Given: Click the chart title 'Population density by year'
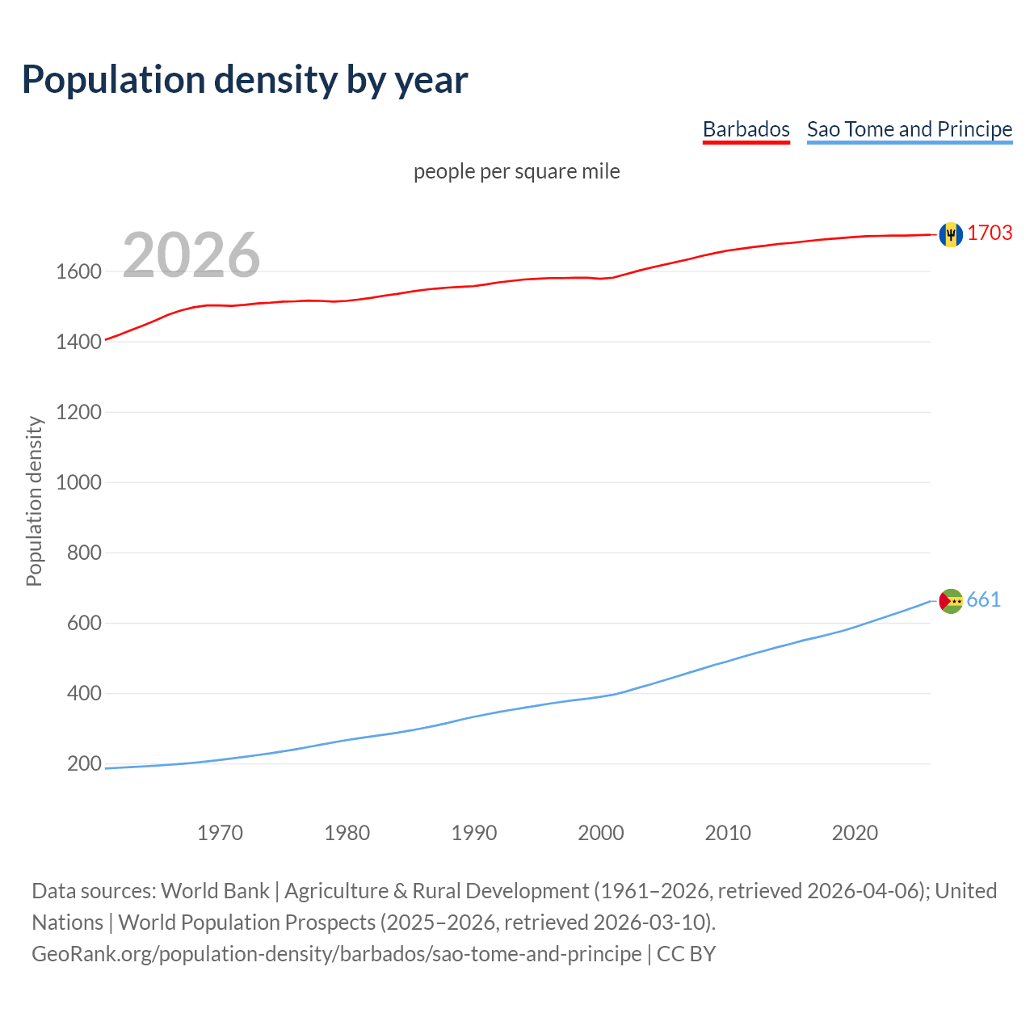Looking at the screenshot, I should click(245, 79).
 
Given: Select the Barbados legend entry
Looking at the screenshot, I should click(746, 129).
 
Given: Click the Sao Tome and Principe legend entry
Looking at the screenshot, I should click(909, 129).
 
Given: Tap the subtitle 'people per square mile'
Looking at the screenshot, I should click(516, 171).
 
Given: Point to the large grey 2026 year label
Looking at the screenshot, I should click(191, 255).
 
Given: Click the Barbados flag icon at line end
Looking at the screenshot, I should click(951, 234).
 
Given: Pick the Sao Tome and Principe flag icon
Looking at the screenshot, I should click(951, 601).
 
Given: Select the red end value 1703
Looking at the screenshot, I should click(990, 233).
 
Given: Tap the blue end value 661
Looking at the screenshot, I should click(983, 599).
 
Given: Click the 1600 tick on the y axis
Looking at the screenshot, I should click(78, 271).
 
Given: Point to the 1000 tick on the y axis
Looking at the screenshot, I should click(78, 482).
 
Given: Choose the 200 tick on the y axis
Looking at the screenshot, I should click(84, 763).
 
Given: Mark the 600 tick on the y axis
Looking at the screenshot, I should click(84, 623).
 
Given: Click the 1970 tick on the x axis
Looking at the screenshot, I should click(220, 833).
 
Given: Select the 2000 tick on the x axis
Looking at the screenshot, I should click(601, 833).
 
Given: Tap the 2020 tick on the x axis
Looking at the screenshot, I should click(855, 833).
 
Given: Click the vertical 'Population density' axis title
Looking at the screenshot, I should click(34, 501).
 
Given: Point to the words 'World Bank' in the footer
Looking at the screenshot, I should click(215, 891).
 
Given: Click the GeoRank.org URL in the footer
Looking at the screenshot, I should click(336, 954).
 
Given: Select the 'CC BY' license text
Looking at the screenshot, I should click(686, 954).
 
